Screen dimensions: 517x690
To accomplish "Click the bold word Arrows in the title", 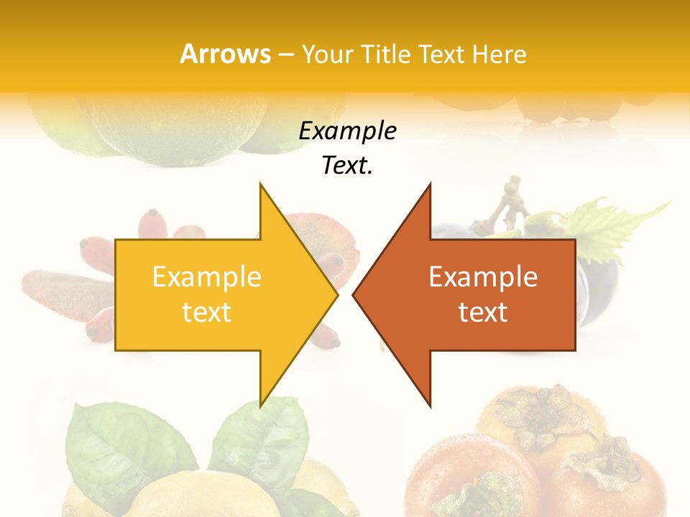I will [x=225, y=54].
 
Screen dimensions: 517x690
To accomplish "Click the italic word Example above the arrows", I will [x=347, y=131].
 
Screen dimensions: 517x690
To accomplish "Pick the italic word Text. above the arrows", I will [x=347, y=165].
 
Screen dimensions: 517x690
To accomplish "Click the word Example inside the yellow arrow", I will [x=206, y=276].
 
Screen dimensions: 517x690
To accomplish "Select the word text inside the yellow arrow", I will [x=206, y=312].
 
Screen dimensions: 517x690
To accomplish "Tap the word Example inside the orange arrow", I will [x=483, y=276].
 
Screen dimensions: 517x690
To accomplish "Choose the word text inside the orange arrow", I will [x=483, y=312].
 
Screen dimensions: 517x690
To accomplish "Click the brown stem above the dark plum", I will [x=510, y=201].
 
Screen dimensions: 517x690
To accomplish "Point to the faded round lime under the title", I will [x=172, y=129].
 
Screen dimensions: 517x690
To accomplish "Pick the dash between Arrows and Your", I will [x=285, y=54].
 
